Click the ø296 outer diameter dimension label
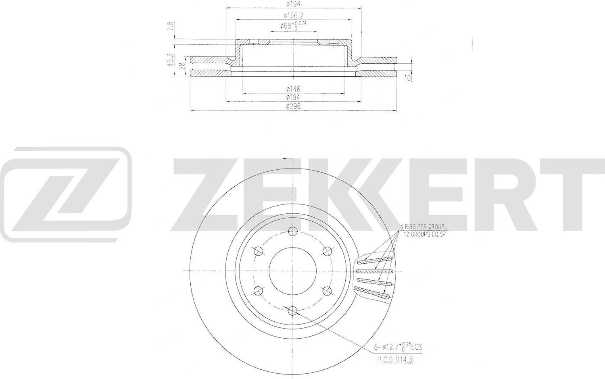(x=293, y=106)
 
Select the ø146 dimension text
(x=293, y=89)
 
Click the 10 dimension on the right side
(x=409, y=78)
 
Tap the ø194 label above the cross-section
(x=293, y=4)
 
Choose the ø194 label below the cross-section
(x=293, y=98)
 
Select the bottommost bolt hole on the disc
(x=293, y=310)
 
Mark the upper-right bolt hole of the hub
(x=327, y=251)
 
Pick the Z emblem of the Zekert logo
(x=66, y=194)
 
